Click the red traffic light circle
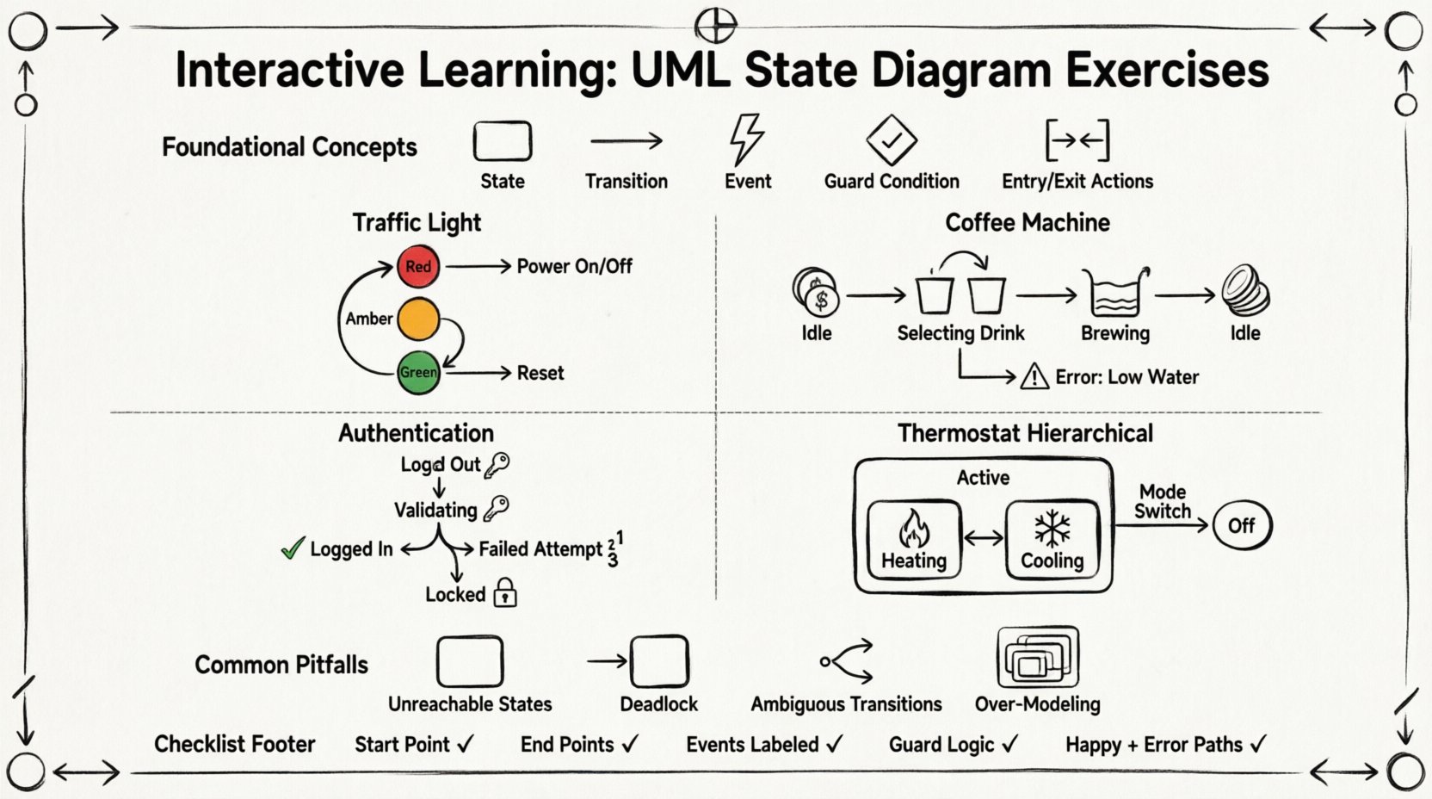[x=418, y=266]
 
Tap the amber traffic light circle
[x=418, y=319]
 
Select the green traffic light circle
[x=418, y=372]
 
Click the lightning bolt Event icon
[x=746, y=139]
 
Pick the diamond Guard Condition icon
[x=891, y=139]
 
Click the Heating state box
[x=913, y=539]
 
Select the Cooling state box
[x=1052, y=539]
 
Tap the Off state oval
[x=1241, y=525]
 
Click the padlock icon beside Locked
[x=505, y=593]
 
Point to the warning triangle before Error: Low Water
[x=1034, y=377]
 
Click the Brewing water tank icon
[x=1115, y=294]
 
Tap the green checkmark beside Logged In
[x=293, y=548]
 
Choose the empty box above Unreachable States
[x=469, y=661]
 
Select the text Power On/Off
[x=574, y=266]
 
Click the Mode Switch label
[x=1162, y=501]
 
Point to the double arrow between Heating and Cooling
[x=984, y=539]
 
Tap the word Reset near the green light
[x=540, y=373]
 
